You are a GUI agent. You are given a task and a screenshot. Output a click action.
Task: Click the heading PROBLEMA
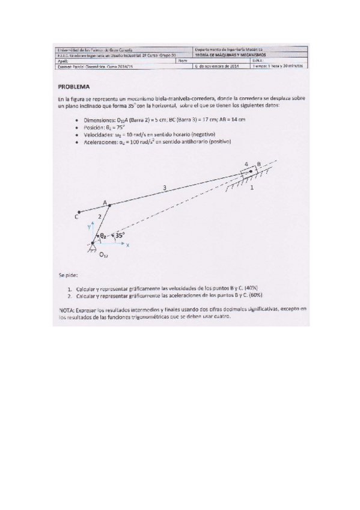[x=73, y=86]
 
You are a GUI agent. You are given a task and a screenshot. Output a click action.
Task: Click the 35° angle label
[x=120, y=236]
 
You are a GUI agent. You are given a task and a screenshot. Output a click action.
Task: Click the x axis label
[x=127, y=245]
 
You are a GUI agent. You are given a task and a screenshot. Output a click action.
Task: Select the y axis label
[x=90, y=226]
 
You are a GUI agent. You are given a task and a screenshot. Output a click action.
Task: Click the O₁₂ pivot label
[x=104, y=255]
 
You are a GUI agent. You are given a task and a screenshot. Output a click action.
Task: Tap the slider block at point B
[x=249, y=173]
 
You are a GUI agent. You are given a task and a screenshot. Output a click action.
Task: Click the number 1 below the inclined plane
[x=251, y=188]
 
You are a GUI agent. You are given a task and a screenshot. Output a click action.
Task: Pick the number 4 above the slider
[x=245, y=164]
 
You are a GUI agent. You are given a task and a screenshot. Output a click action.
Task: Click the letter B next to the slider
[x=258, y=164]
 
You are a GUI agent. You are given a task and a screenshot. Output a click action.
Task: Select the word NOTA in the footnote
[x=66, y=309]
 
